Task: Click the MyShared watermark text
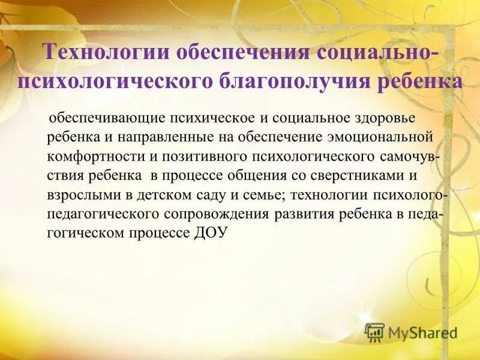pos(422,332)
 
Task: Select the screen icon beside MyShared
pos(374,332)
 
